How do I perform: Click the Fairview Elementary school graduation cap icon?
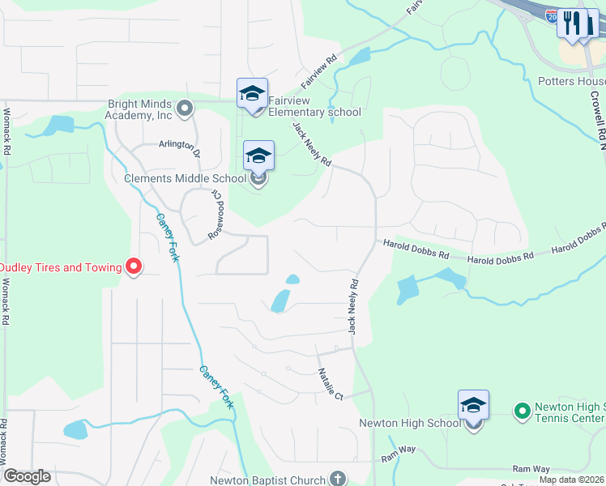[x=252, y=94]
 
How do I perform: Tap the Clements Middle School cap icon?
[x=258, y=156]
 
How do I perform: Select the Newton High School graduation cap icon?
[x=473, y=405]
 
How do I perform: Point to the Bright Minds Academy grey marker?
[x=186, y=108]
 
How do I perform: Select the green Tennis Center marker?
[x=521, y=411]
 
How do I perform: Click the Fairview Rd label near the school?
[x=319, y=72]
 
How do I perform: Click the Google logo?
[x=27, y=476]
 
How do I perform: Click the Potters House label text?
[x=571, y=82]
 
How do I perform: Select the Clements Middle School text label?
[x=185, y=178]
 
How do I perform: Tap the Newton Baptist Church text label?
[x=274, y=480]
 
